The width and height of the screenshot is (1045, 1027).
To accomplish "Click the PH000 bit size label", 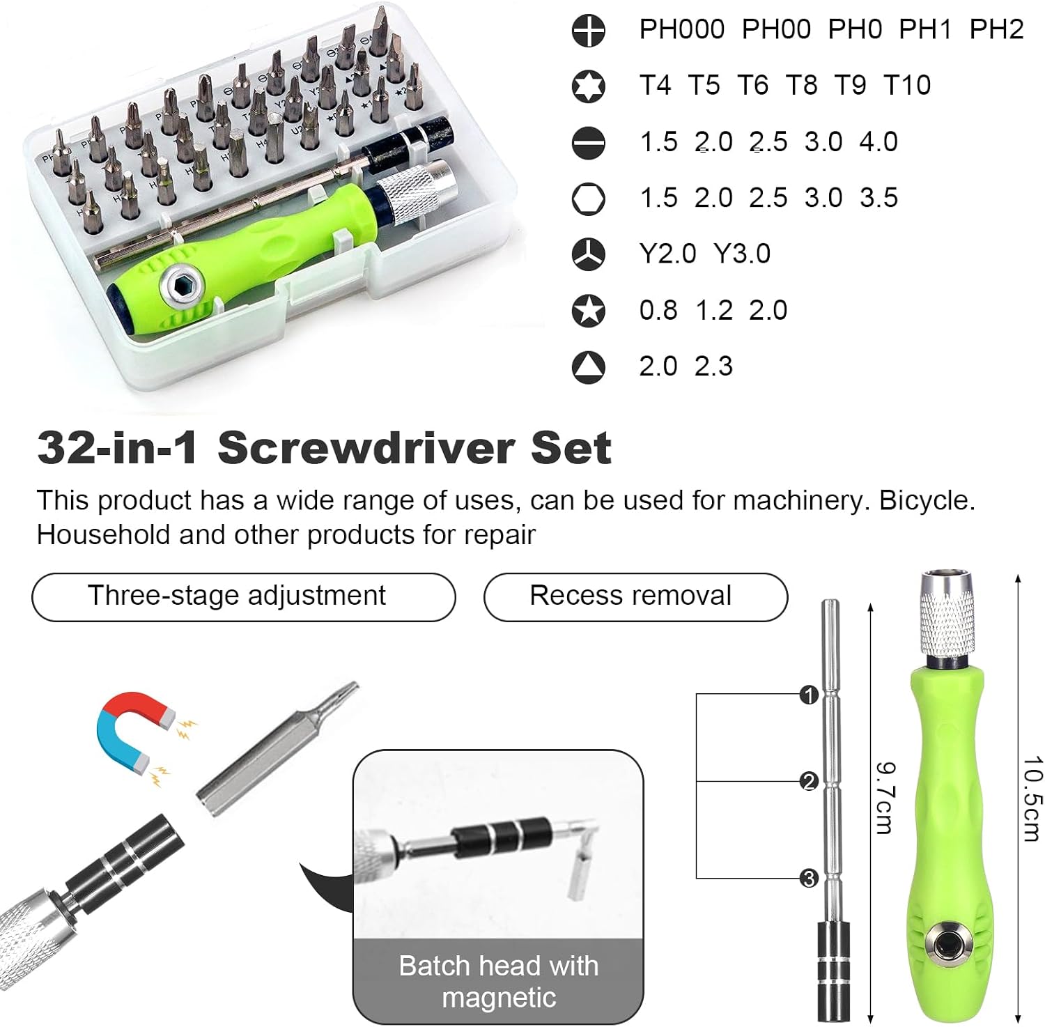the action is tap(682, 29).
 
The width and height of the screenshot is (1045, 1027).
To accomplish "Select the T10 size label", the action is tap(907, 85).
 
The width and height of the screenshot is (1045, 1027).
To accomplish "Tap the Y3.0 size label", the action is tap(743, 254).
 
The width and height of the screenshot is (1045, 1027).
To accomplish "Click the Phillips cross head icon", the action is tap(589, 30).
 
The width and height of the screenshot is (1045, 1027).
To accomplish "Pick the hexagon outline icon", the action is tap(589, 199).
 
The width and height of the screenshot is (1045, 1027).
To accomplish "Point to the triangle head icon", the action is tap(589, 367).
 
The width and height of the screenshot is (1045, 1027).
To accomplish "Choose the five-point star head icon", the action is tap(589, 311).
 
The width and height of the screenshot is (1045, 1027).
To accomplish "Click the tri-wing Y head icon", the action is tap(589, 254).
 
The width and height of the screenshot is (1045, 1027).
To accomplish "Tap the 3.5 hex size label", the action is tap(879, 198).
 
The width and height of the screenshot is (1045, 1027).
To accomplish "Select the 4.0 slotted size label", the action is tap(878, 141).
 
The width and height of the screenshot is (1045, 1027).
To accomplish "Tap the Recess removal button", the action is tap(635, 596).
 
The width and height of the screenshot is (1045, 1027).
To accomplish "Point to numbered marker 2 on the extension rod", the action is tap(809, 782).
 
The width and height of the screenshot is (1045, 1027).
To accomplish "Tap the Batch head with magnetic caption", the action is tap(499, 981).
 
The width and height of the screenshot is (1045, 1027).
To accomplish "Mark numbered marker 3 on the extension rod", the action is tap(809, 879).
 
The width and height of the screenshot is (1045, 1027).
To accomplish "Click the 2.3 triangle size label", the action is tap(714, 366).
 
